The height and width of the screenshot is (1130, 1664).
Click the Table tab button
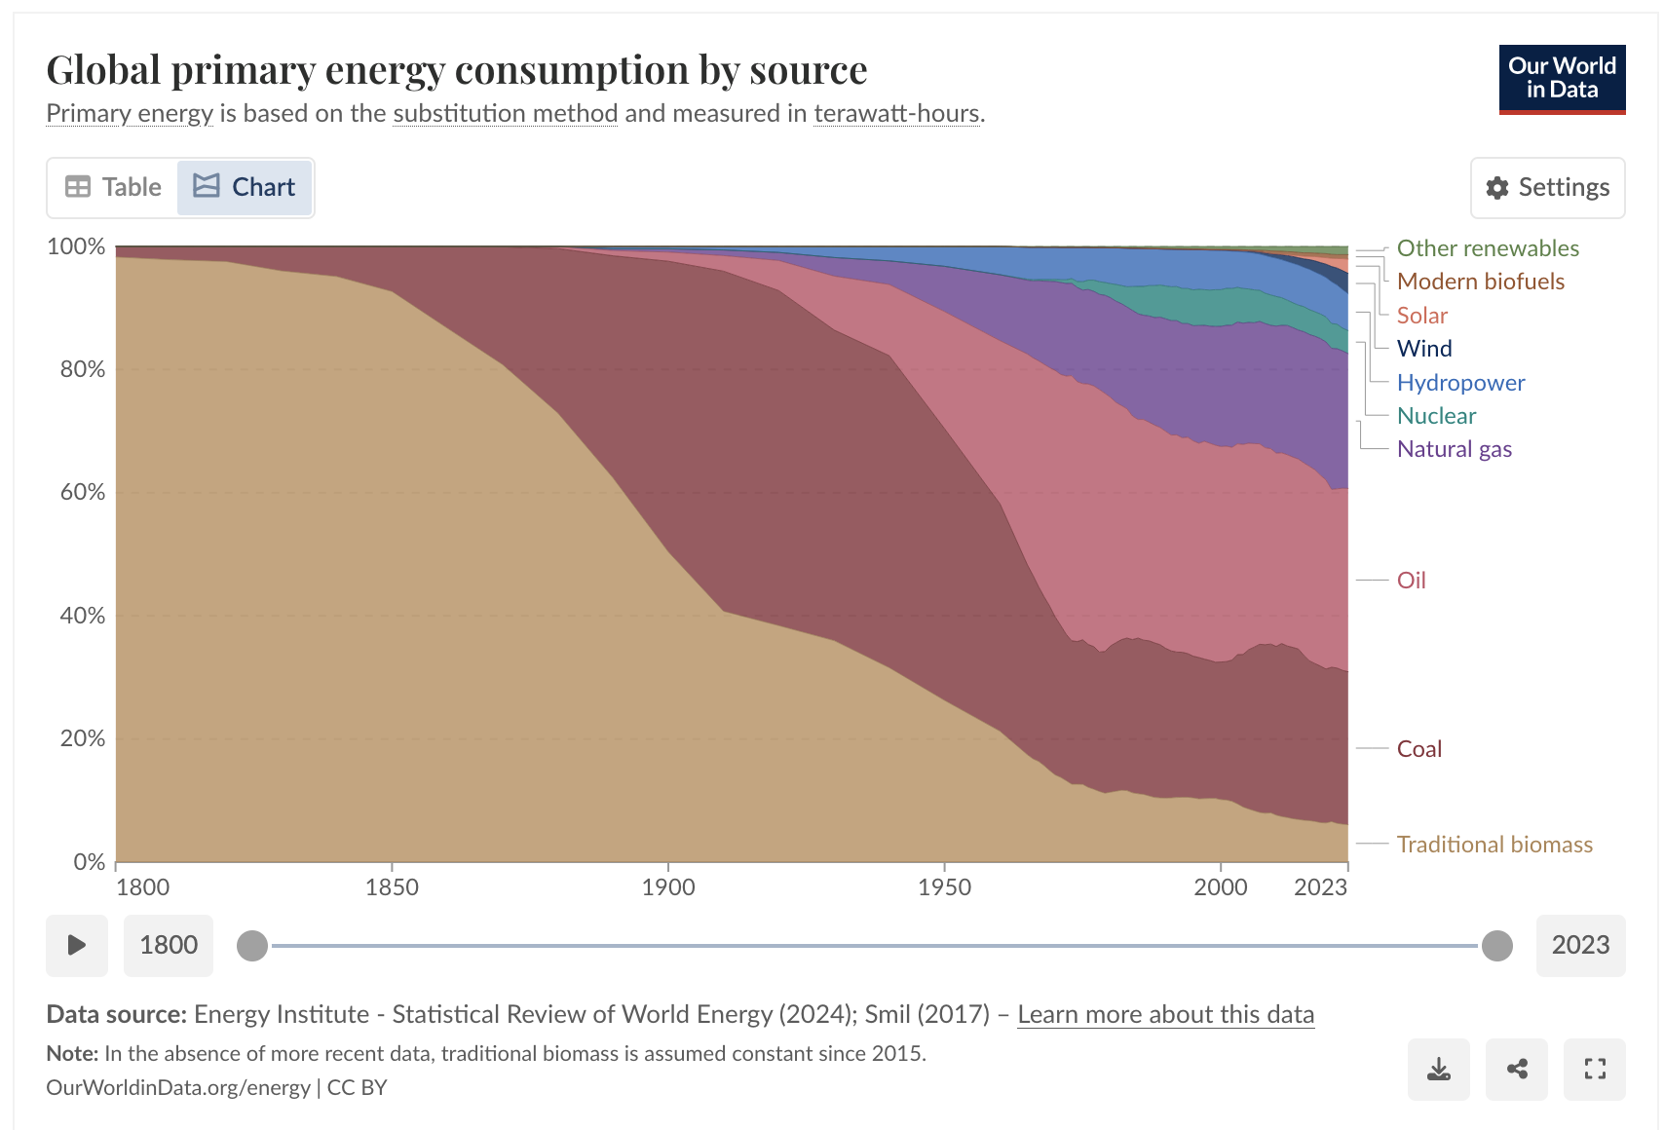click(x=113, y=187)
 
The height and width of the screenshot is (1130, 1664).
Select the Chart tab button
click(x=245, y=187)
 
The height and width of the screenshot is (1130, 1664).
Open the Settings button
click(x=1547, y=187)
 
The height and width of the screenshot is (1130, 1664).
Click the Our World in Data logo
click(x=1562, y=79)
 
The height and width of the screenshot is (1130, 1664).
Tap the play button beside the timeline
click(x=76, y=945)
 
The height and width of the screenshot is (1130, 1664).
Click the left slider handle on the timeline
click(x=252, y=945)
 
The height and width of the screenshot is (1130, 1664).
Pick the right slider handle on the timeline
click(x=1496, y=945)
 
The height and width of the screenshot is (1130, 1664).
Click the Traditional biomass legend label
click(x=1494, y=845)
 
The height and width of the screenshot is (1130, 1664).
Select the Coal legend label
click(x=1418, y=749)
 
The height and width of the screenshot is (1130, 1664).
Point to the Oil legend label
click(x=1411, y=581)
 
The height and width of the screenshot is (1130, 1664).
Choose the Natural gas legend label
click(x=1454, y=449)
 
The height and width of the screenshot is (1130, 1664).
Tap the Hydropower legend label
click(x=1460, y=383)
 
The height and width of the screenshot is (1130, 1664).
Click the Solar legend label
click(x=1421, y=316)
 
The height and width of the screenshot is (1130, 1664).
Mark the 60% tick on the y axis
click(x=83, y=492)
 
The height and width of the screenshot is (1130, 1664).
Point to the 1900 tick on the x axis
click(x=668, y=887)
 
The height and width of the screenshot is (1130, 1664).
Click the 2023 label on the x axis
click(x=1320, y=887)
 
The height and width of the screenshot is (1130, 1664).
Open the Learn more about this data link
click(x=1165, y=1014)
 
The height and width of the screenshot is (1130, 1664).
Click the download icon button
click(x=1438, y=1070)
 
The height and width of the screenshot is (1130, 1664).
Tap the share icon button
click(x=1516, y=1070)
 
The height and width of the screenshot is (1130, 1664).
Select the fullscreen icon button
click(x=1594, y=1070)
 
